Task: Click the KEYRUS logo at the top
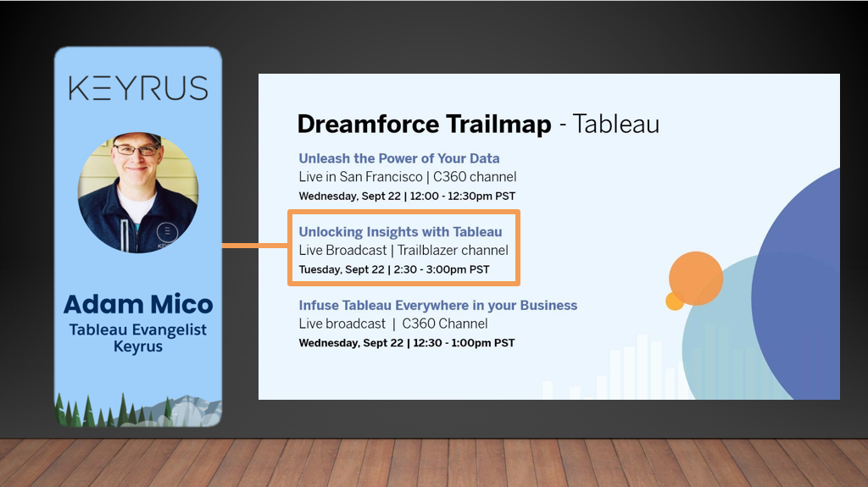(138, 89)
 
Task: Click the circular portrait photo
(138, 192)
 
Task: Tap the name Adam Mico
(138, 304)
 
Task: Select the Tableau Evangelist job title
(138, 329)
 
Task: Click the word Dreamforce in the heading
(369, 124)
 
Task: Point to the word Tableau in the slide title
(615, 124)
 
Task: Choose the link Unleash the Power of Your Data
(399, 158)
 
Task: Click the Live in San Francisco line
(408, 176)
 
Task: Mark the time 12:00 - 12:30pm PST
(463, 196)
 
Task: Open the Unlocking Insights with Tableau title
(400, 232)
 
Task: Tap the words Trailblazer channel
(453, 250)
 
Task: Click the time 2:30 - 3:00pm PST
(442, 269)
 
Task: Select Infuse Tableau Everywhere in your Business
(438, 306)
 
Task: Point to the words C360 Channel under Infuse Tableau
(444, 324)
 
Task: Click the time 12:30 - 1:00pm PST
(463, 343)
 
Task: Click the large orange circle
(696, 279)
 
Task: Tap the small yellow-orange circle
(674, 301)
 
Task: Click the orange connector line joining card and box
(254, 245)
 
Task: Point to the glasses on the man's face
(136, 149)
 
